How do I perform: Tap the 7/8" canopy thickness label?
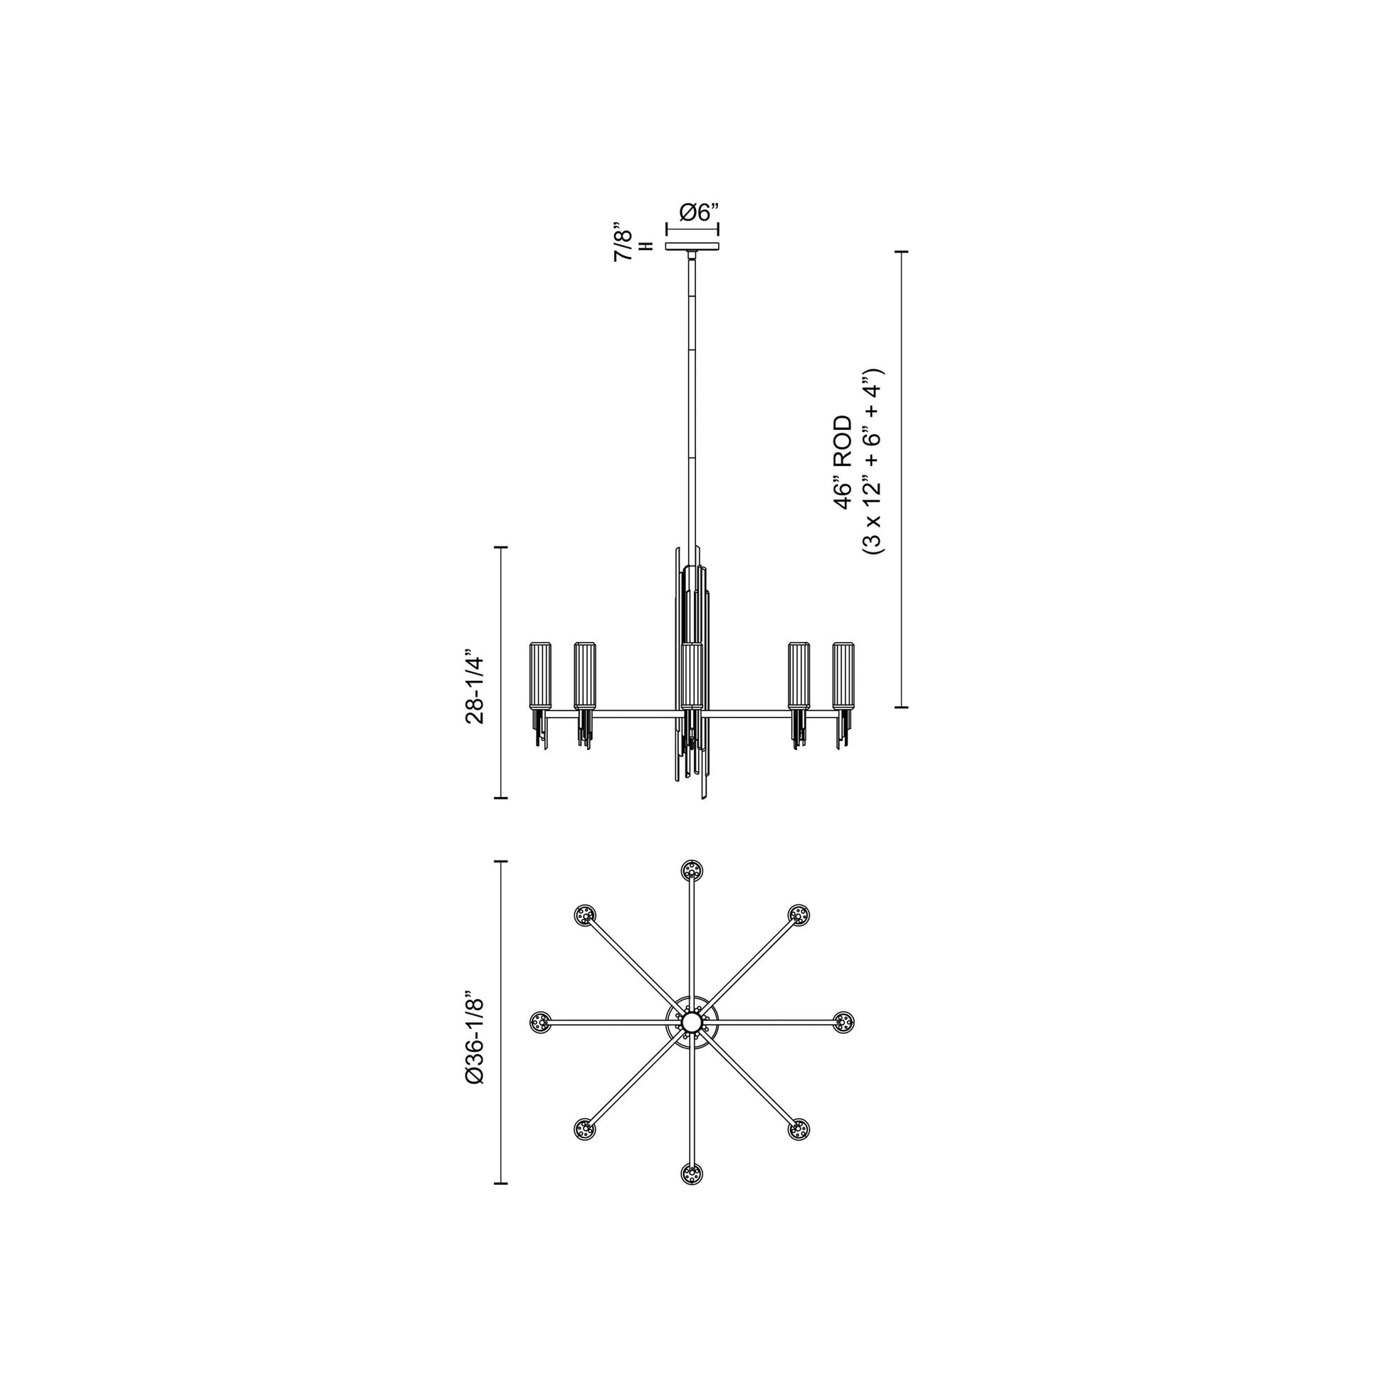[x=623, y=245]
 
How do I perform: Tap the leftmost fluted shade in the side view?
[x=539, y=675]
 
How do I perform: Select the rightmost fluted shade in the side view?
[x=844, y=675]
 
